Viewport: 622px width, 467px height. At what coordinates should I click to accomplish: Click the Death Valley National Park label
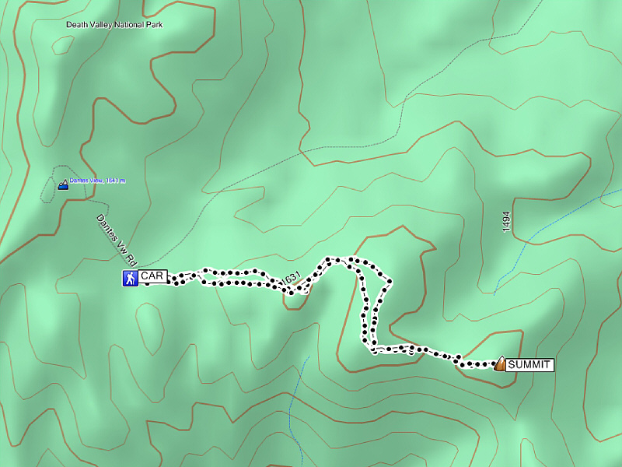pos(114,25)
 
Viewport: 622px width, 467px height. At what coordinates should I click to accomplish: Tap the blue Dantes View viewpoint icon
pos(63,185)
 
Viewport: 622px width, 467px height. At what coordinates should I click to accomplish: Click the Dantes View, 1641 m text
pos(97,181)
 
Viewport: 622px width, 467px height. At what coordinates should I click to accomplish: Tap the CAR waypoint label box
pos(152,276)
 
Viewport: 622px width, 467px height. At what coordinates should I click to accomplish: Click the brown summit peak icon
pos(500,363)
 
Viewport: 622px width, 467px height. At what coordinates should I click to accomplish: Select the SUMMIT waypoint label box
pos(529,364)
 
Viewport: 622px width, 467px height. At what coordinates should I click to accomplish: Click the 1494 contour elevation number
pos(506,222)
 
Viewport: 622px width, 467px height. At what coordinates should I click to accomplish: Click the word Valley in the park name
pos(102,25)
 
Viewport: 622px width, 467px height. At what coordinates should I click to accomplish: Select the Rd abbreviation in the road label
pos(132,254)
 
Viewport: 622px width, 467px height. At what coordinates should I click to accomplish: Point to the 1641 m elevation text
pos(115,181)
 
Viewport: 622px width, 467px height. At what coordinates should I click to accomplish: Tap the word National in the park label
pos(129,25)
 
